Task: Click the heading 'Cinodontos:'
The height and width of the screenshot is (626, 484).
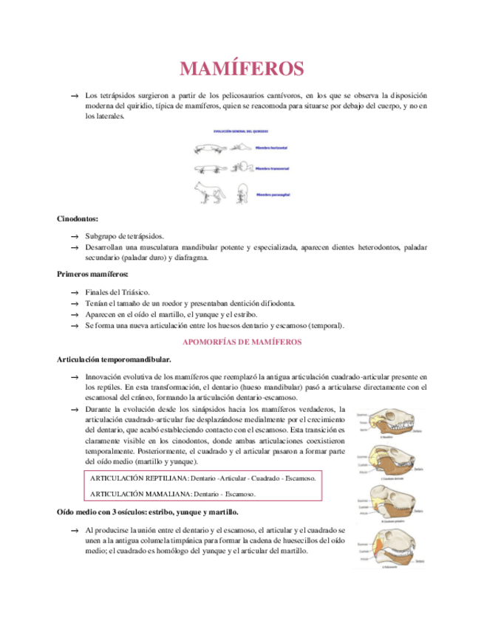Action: pos(78,219)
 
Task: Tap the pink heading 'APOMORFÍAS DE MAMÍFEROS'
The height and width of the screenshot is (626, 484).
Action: pos(242,343)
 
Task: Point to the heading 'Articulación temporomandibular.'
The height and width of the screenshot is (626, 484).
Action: pos(115,359)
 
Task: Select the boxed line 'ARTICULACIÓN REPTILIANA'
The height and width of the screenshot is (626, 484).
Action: pos(203,478)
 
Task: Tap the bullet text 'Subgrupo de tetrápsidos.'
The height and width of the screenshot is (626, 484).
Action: pos(124,235)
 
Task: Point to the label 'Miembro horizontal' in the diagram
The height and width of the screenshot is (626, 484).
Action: pos(272,148)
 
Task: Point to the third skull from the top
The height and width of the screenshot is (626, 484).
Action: pos(394,502)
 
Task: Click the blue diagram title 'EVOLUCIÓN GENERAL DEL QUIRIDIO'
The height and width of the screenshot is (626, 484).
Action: pos(241,131)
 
